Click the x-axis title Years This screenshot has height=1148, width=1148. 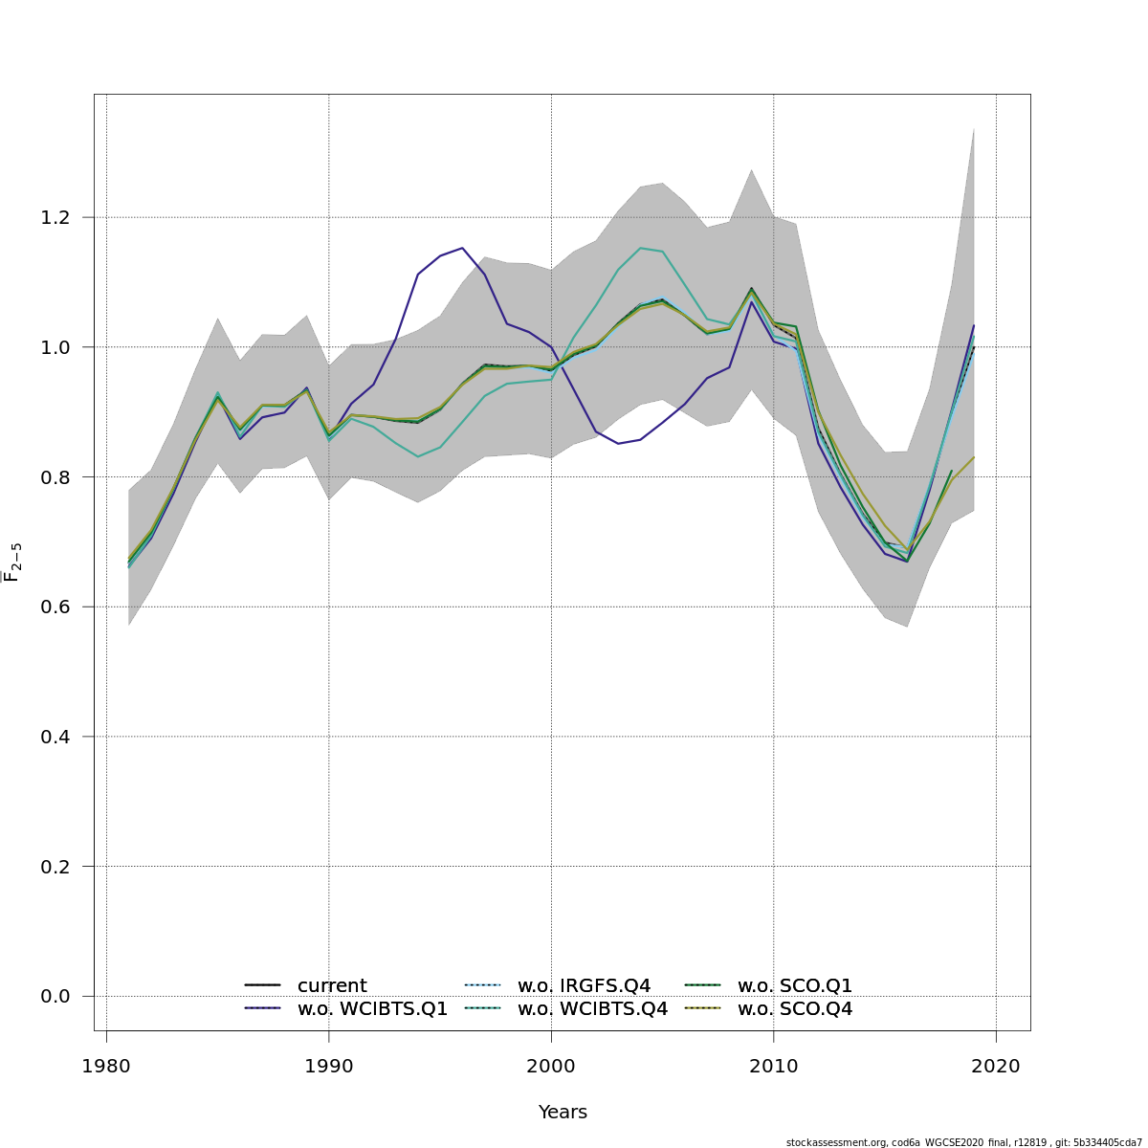click(x=563, y=1113)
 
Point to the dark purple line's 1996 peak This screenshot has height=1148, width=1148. click(x=462, y=248)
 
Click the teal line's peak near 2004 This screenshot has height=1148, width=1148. click(x=641, y=248)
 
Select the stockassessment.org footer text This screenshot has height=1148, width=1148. click(x=963, y=1142)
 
